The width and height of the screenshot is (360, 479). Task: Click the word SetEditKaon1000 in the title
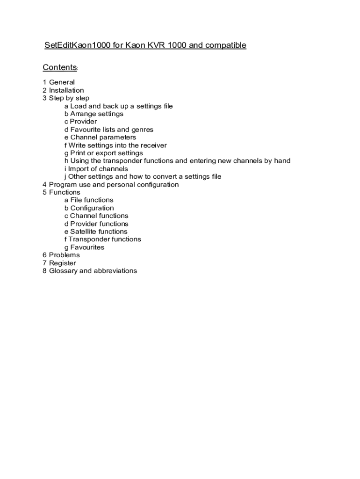click(x=78, y=45)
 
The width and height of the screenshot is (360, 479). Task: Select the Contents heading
click(x=60, y=67)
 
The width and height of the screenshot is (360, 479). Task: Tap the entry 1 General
click(x=58, y=82)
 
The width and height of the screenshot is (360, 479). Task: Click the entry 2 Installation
click(x=63, y=90)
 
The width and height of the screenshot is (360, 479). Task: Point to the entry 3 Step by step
click(x=65, y=98)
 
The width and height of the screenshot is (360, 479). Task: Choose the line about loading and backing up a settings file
click(x=118, y=106)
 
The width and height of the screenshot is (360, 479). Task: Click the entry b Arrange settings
click(x=94, y=114)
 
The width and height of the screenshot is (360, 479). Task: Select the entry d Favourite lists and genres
click(x=108, y=130)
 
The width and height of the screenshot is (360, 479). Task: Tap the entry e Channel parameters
click(x=100, y=138)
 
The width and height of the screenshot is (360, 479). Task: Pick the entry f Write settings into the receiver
click(x=115, y=145)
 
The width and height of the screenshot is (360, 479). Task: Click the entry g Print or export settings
click(x=103, y=153)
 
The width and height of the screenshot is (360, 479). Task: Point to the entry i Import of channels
click(x=96, y=169)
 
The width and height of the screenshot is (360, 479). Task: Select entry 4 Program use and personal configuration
click(x=110, y=184)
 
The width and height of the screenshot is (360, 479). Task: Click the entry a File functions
click(x=89, y=200)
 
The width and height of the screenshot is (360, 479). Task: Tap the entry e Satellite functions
click(x=95, y=232)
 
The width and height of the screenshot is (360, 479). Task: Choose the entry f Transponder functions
click(x=102, y=239)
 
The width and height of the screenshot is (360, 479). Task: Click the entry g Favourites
click(x=84, y=247)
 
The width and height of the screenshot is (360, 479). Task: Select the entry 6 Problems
click(x=61, y=255)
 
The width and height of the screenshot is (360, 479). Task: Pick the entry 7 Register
click(x=59, y=263)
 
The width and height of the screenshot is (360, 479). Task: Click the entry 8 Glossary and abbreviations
click(x=89, y=271)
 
